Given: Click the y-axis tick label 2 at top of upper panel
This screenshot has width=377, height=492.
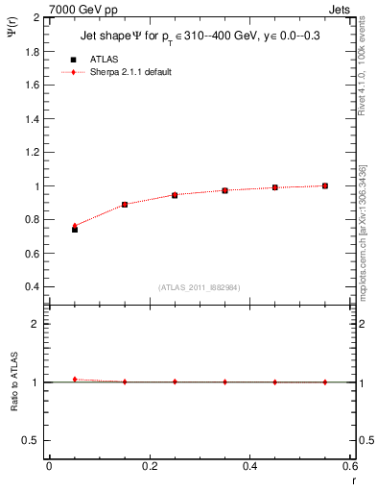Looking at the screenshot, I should coord(35,17).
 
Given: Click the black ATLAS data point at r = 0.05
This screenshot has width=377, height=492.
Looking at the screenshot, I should coord(75,230).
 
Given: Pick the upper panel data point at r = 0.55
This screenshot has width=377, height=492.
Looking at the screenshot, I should coord(325,185).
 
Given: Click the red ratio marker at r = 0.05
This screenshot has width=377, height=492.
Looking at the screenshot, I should coord(75,380).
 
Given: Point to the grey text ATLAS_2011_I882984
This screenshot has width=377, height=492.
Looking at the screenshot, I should coord(200,287).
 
